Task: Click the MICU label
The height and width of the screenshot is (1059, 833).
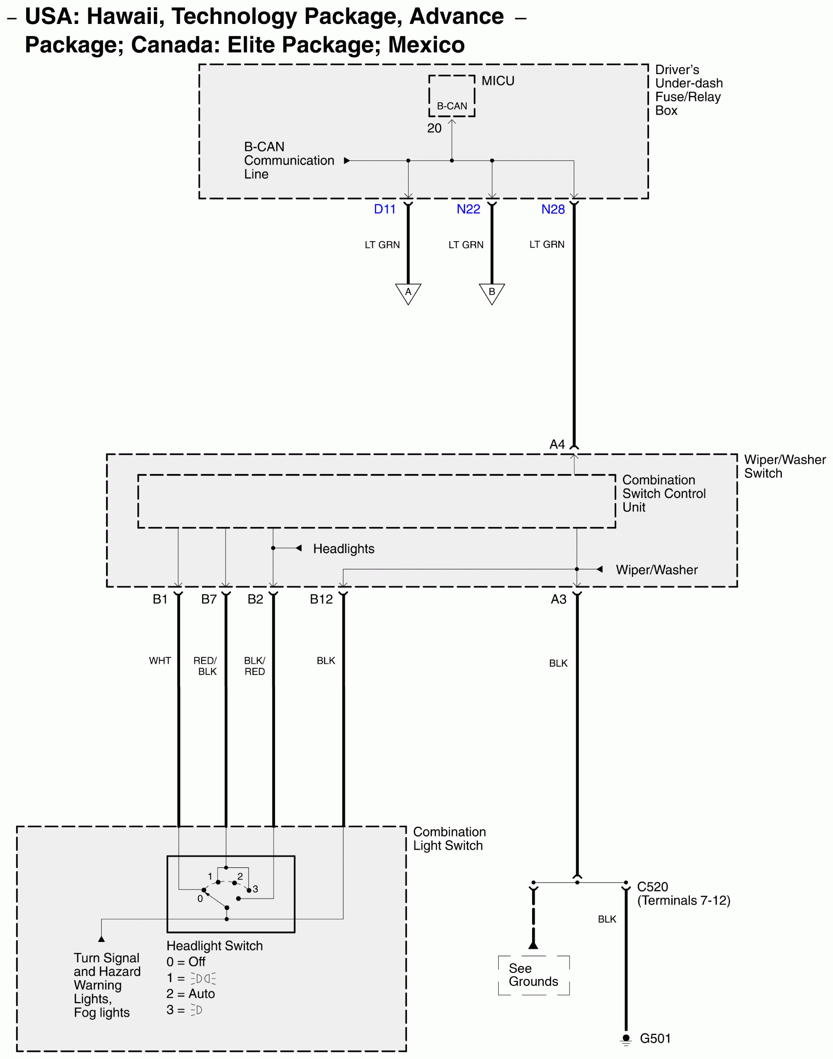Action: pyautogui.click(x=498, y=81)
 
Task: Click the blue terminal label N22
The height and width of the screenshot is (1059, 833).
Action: pyautogui.click(x=468, y=209)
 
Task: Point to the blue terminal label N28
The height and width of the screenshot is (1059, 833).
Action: pyautogui.click(x=553, y=209)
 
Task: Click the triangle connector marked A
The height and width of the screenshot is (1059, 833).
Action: pyautogui.click(x=408, y=293)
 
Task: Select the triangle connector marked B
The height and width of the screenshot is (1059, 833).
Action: pyautogui.click(x=492, y=293)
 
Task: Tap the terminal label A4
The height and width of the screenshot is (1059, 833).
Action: pyautogui.click(x=557, y=444)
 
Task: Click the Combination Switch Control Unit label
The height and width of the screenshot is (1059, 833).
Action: pyautogui.click(x=663, y=494)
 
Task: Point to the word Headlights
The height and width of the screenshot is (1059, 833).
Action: pyautogui.click(x=343, y=549)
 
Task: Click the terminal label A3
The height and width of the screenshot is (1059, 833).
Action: pyautogui.click(x=558, y=599)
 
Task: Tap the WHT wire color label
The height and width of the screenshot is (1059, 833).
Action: pyautogui.click(x=160, y=661)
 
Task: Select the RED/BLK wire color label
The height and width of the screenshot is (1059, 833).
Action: pyautogui.click(x=205, y=666)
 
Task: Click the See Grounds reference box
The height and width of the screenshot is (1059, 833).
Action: pyautogui.click(x=533, y=975)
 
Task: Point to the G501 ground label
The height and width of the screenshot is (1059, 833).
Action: pyautogui.click(x=655, y=1038)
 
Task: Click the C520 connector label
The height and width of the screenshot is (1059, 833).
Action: pyautogui.click(x=653, y=887)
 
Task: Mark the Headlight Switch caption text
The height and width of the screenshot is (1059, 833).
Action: pyautogui.click(x=215, y=946)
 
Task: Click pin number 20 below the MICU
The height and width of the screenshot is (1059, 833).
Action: pyautogui.click(x=434, y=128)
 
